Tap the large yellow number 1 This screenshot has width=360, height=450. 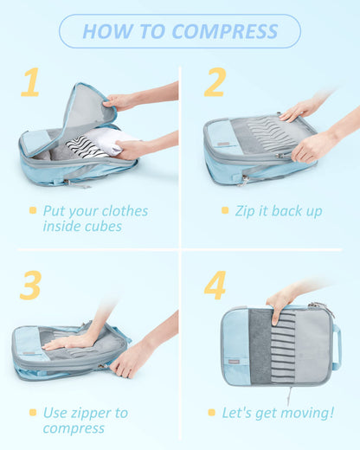coord(30,82)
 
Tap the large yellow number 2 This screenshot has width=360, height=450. coord(214,82)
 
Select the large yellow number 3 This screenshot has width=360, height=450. coord(30,285)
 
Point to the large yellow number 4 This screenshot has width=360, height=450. coord(214,285)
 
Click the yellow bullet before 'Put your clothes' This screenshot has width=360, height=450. coord(33,210)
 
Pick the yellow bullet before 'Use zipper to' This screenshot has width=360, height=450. coord(33,412)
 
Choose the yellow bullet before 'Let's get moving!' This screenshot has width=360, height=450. coord(213,412)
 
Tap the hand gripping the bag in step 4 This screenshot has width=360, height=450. coord(281,303)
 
